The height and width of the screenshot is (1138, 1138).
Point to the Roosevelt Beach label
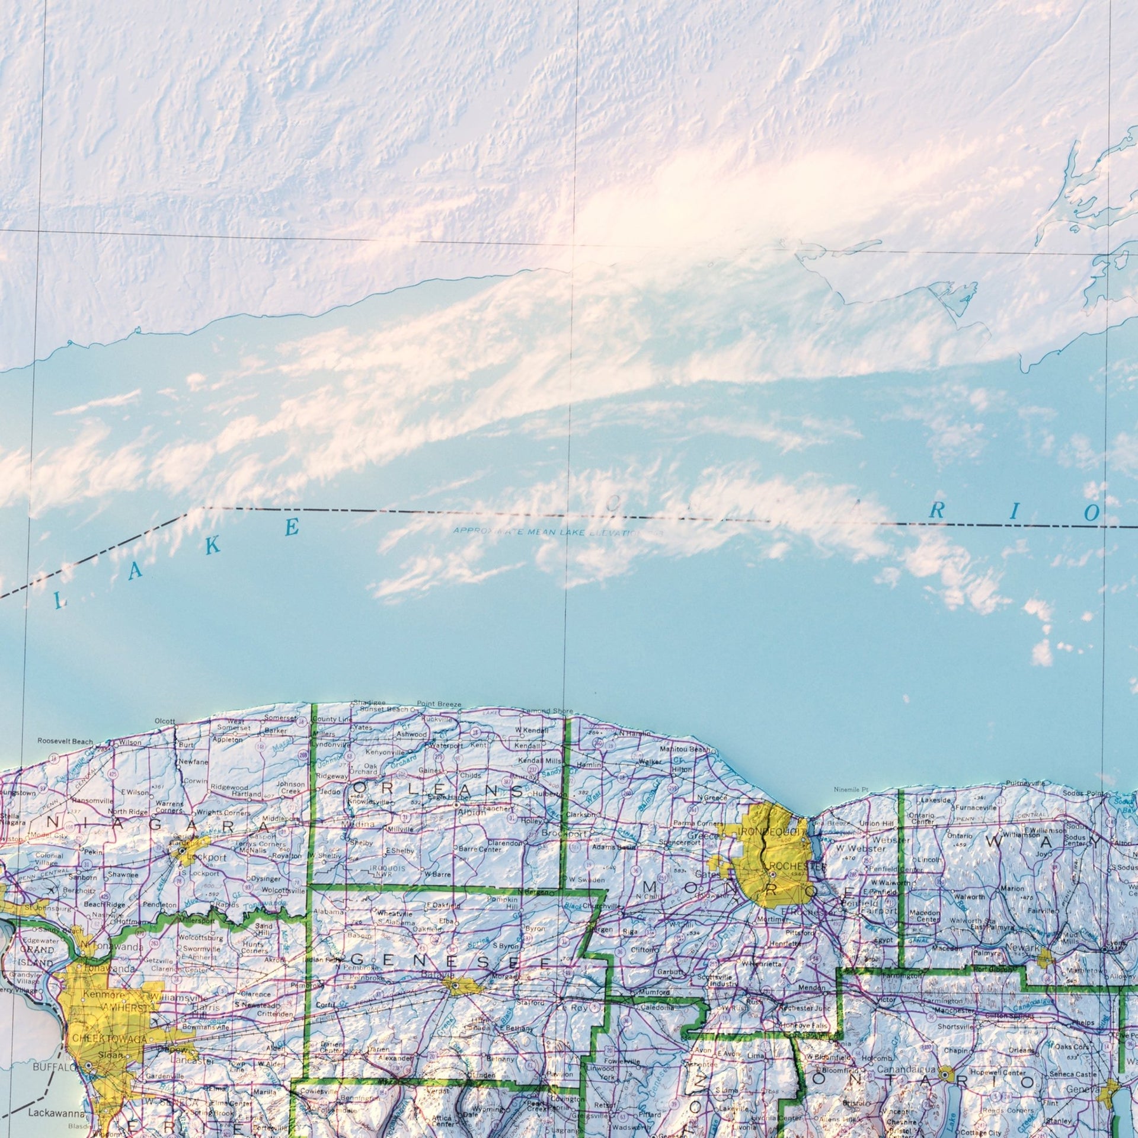pos(65,741)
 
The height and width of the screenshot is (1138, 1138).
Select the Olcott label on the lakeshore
pos(165,721)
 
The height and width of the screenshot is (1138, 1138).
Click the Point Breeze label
pos(439,704)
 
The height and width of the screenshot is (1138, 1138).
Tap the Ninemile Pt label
pos(851,789)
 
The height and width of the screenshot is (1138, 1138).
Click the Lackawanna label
pos(50,1113)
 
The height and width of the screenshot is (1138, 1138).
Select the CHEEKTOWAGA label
pos(101,1040)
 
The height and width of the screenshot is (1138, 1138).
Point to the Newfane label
pos(193,762)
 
